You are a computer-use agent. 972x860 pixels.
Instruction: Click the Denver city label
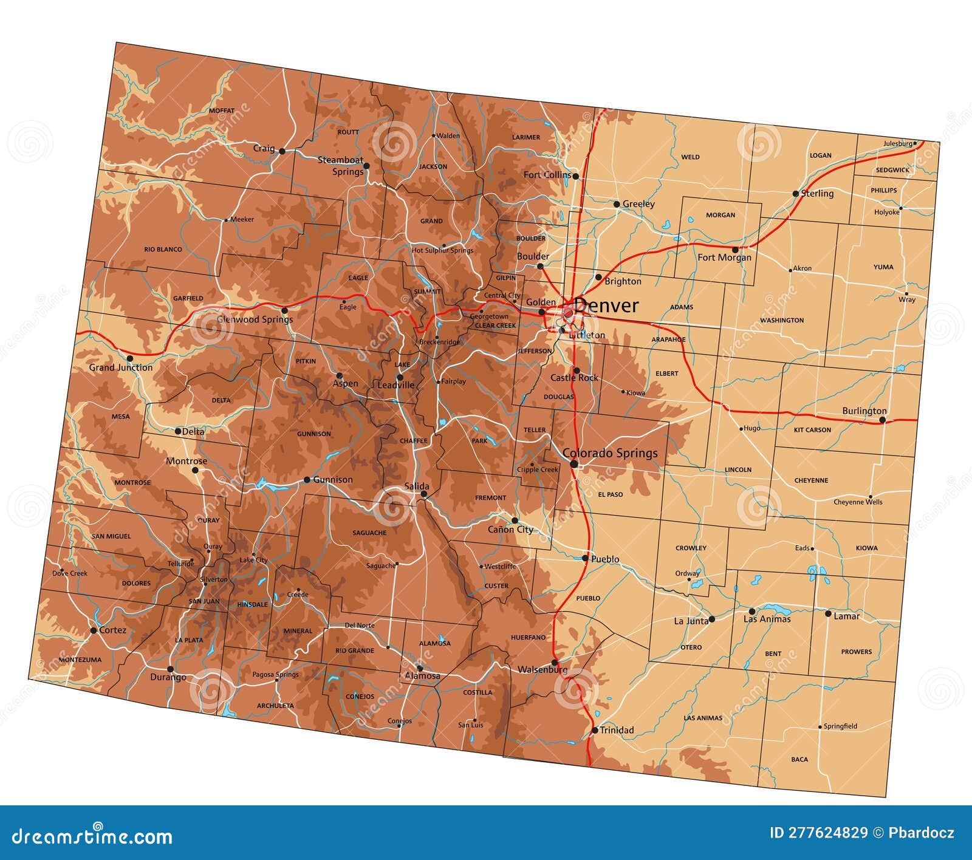click(606, 305)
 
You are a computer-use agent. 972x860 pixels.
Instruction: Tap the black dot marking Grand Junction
click(129, 358)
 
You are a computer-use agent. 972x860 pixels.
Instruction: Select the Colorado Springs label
click(609, 453)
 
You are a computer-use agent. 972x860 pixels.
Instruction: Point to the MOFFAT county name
click(221, 111)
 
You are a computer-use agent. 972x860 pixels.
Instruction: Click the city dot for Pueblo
click(585, 558)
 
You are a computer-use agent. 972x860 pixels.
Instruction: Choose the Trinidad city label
click(617, 730)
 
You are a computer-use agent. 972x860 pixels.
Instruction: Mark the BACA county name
click(799, 759)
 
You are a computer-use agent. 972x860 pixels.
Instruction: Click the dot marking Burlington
click(882, 420)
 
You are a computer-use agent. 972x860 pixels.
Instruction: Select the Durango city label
click(168, 677)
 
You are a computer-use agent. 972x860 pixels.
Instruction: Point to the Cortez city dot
click(94, 630)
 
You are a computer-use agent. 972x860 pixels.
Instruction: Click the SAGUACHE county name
click(369, 533)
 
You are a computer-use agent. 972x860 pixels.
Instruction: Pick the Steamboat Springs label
click(341, 166)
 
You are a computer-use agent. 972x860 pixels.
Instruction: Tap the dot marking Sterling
click(796, 194)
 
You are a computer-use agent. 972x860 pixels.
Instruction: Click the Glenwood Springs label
click(255, 319)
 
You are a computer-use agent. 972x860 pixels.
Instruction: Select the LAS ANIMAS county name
click(703, 718)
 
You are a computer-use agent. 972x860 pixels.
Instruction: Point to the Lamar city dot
click(828, 614)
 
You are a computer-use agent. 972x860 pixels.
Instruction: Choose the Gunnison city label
click(332, 480)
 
